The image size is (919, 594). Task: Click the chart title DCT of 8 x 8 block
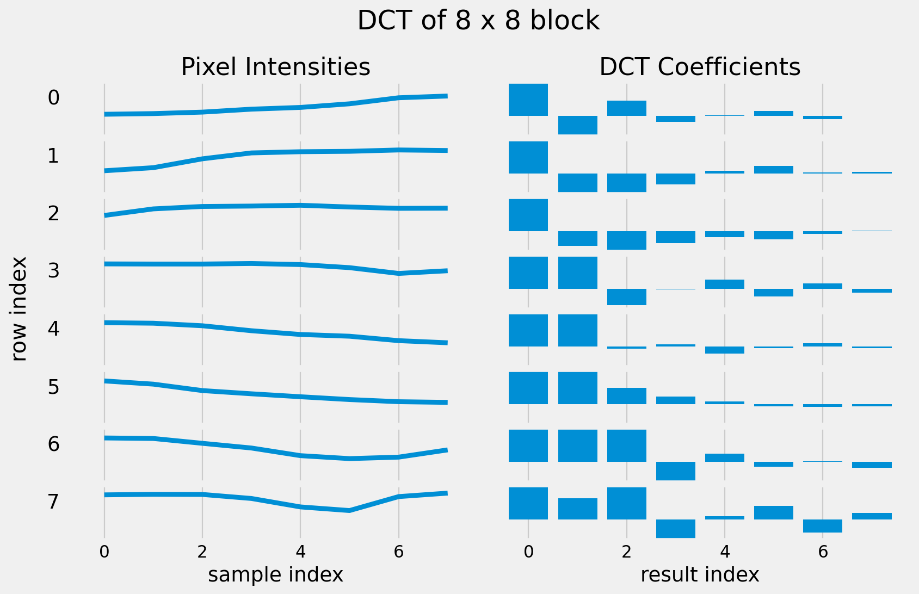(x=478, y=21)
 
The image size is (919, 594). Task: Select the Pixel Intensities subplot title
(x=275, y=67)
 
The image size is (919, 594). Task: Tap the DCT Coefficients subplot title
(x=700, y=67)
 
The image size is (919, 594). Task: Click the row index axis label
(x=20, y=308)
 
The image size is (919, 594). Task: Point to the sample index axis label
(x=275, y=574)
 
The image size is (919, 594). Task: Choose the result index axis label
(x=700, y=574)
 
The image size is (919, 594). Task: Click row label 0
(x=53, y=98)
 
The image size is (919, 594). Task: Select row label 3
(x=53, y=271)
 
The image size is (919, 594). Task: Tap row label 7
(x=53, y=502)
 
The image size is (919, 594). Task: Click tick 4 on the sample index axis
(x=300, y=552)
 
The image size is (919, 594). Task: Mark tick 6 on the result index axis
(x=823, y=552)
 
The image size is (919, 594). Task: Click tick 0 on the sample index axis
(x=104, y=552)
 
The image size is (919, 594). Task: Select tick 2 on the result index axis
(x=626, y=552)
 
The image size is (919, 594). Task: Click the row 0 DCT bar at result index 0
(x=528, y=100)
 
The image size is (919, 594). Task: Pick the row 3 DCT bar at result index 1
(x=577, y=273)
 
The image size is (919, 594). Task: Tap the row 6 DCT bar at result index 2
(x=626, y=445)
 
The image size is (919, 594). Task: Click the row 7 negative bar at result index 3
(x=675, y=528)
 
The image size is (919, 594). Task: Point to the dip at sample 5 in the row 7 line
(x=349, y=510)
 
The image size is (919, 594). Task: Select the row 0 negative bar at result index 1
(x=577, y=125)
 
